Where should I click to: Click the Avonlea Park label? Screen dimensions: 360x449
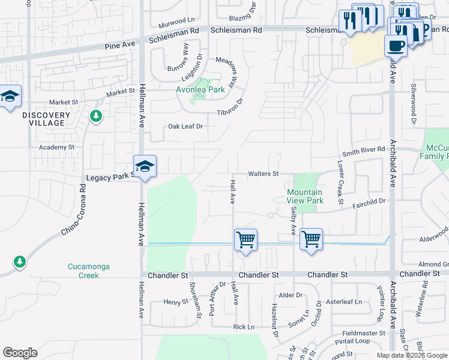pos(200,90)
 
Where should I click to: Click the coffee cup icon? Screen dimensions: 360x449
pos(396,46)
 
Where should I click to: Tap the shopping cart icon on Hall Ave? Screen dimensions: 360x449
pos(246,241)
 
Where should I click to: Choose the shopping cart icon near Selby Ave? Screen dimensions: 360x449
pos(311,240)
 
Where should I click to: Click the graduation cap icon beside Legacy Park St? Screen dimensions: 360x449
pos(145,166)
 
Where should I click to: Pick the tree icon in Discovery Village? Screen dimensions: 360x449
pos(95,116)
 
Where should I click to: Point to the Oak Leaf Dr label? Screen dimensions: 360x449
pos(186,127)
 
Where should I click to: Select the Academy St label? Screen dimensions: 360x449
pos(56,147)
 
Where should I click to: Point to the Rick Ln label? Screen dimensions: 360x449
pos(244,328)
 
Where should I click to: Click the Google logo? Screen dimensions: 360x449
pos(20,353)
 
